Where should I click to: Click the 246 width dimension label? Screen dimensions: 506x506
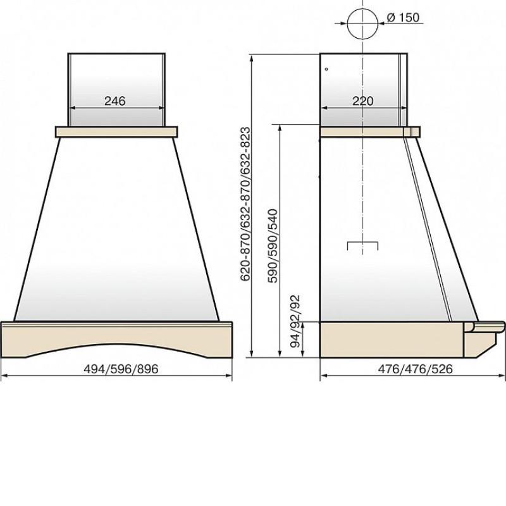click(x=115, y=101)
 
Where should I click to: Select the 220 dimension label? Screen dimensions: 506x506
click(x=362, y=101)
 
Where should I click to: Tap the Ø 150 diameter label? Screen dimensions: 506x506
click(x=403, y=17)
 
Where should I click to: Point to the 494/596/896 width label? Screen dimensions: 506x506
click(x=121, y=369)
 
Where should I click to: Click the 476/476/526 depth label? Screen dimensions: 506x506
click(x=416, y=369)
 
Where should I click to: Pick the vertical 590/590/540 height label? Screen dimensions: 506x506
click(x=273, y=246)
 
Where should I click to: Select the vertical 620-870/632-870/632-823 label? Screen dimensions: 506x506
click(x=245, y=204)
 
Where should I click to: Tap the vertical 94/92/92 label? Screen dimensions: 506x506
click(x=295, y=321)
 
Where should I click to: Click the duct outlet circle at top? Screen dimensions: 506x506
click(x=362, y=23)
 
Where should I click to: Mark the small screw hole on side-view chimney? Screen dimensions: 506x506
click(x=326, y=69)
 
